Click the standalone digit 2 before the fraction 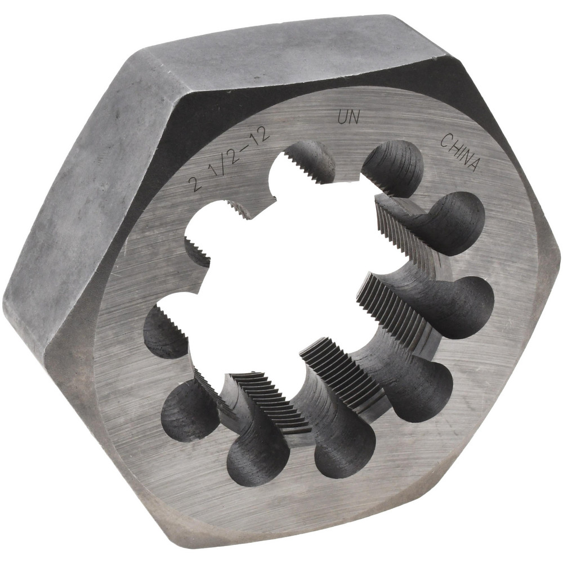point(196,184)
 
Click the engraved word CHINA point(461,152)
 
